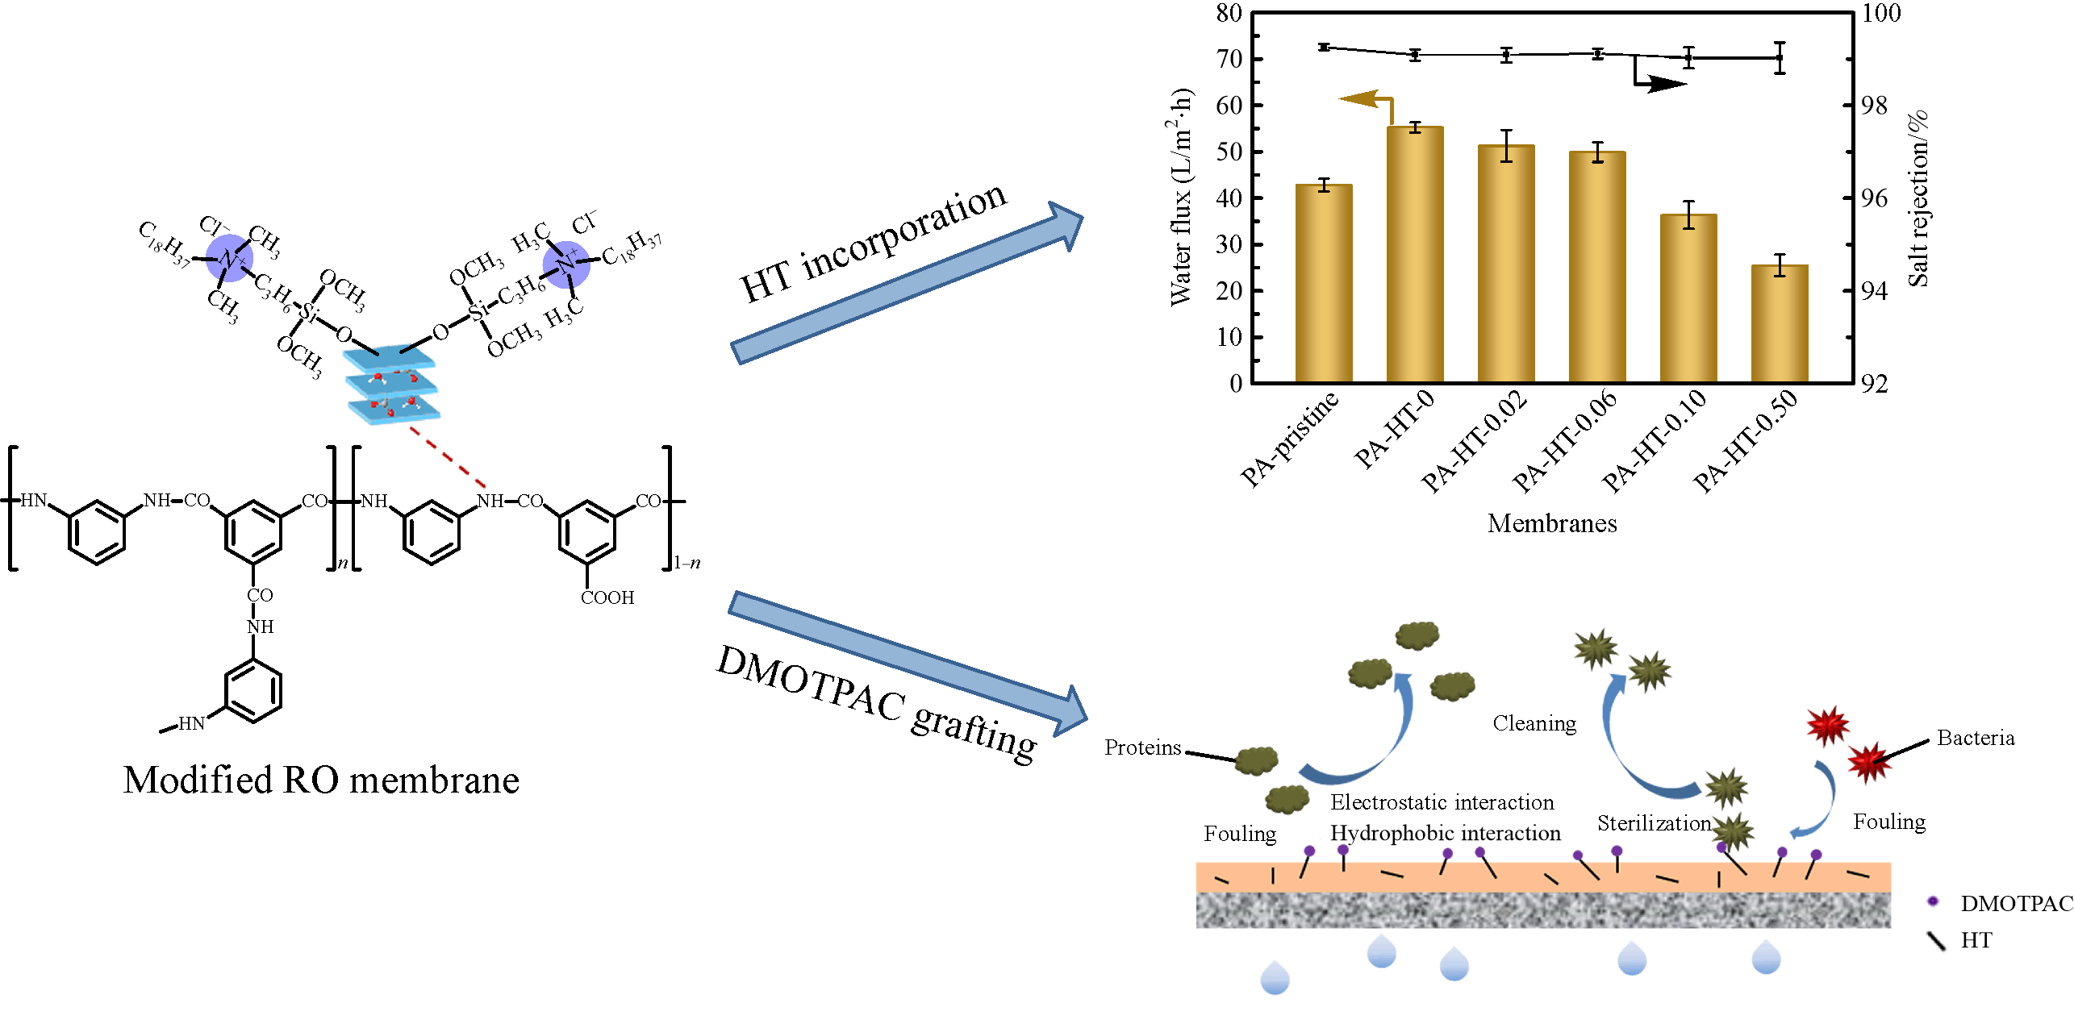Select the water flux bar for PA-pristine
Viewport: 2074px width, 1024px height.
pyautogui.click(x=1324, y=283)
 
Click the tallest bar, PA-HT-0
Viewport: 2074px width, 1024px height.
pyautogui.click(x=1415, y=254)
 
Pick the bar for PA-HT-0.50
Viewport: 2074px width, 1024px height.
pyautogui.click(x=1780, y=323)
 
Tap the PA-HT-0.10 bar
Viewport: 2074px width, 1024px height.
pyautogui.click(x=1688, y=298)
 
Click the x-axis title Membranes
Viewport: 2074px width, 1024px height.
pyautogui.click(x=1552, y=523)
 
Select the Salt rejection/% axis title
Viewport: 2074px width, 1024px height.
pyautogui.click(x=1918, y=198)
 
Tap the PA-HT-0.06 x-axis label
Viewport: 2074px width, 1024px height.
pyautogui.click(x=1566, y=440)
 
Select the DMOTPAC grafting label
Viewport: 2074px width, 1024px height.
pyautogui.click(x=877, y=704)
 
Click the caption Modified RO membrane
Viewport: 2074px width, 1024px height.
pyautogui.click(x=321, y=780)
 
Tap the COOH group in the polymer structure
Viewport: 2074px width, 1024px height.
pyautogui.click(x=607, y=597)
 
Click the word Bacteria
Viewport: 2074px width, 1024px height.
pyautogui.click(x=1976, y=738)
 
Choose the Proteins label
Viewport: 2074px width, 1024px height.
pyautogui.click(x=1142, y=747)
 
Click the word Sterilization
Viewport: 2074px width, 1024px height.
pyautogui.click(x=1654, y=823)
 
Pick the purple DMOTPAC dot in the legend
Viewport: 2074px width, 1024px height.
pyautogui.click(x=1933, y=901)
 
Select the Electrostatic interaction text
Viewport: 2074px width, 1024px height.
pyautogui.click(x=1442, y=802)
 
